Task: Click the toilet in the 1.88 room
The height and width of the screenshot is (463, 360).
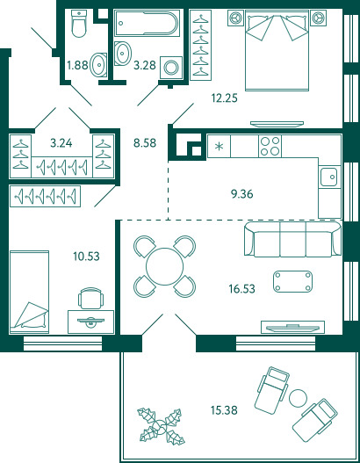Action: (x=79, y=23)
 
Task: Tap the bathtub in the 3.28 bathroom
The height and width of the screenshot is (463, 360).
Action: (x=147, y=24)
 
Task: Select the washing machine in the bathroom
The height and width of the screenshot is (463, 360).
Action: (x=171, y=68)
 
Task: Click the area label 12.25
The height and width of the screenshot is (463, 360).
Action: (x=225, y=98)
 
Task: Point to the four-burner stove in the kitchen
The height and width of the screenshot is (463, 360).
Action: (x=270, y=146)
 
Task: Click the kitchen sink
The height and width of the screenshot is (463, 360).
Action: (x=330, y=177)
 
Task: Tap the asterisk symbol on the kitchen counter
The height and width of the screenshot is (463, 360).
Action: (x=219, y=146)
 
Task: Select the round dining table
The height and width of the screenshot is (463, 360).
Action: (x=165, y=266)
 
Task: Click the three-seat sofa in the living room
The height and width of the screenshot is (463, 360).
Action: (x=292, y=240)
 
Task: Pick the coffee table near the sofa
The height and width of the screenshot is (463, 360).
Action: (x=293, y=281)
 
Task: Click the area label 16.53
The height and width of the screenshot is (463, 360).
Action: (x=242, y=288)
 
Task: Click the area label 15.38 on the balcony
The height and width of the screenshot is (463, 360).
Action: (x=224, y=410)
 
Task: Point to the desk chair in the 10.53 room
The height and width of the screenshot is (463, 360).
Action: (x=91, y=298)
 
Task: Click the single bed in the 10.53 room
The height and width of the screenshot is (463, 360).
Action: (x=29, y=292)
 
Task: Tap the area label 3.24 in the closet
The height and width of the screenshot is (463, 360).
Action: (x=61, y=143)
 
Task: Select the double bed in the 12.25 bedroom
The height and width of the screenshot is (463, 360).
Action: (x=277, y=50)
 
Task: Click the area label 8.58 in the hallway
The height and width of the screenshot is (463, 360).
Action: (x=145, y=143)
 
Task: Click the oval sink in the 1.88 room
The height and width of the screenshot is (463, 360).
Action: (x=98, y=65)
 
